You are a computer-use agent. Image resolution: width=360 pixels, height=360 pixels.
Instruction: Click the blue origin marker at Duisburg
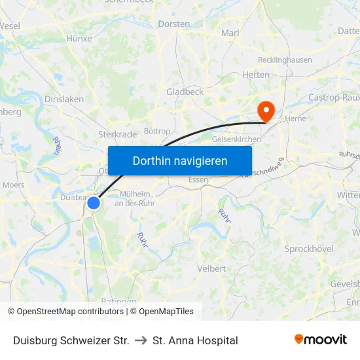94,203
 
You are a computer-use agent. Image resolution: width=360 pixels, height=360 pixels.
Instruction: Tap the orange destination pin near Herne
266,110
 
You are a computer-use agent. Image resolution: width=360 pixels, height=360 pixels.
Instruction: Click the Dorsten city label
174,24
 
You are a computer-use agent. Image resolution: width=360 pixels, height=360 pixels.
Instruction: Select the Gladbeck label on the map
185,92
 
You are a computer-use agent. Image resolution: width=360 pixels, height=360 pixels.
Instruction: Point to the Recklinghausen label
285,60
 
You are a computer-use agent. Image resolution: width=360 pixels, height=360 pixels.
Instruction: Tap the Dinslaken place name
63,99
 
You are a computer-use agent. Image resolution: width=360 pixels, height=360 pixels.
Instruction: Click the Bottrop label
156,131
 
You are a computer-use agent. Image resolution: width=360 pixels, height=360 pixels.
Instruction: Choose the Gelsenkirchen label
236,139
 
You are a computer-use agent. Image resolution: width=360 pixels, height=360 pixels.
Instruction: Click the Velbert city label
211,268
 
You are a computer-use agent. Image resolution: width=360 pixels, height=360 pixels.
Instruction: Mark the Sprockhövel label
309,249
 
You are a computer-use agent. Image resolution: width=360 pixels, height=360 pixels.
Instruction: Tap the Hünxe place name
79,39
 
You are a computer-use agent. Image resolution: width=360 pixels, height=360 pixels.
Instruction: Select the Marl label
230,33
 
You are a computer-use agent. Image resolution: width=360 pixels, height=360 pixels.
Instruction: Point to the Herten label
255,75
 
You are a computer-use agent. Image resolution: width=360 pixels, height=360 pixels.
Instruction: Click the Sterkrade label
118,134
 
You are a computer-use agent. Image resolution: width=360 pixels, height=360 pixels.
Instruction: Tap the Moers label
13,185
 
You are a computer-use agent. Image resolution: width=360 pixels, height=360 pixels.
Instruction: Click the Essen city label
198,180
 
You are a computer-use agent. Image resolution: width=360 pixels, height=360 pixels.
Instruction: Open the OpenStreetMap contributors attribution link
70,312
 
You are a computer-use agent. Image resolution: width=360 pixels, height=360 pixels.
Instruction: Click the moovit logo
321,340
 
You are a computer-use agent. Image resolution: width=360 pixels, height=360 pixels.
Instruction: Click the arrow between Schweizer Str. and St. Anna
141,340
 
